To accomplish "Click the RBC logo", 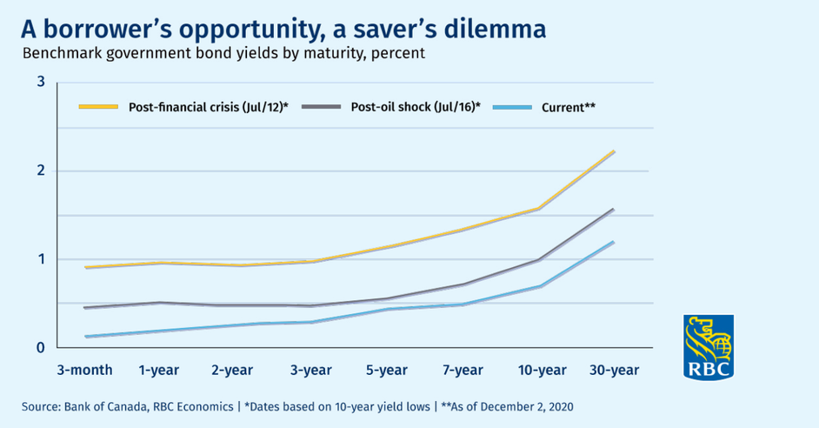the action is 709,347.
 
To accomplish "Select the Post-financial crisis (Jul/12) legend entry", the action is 183,107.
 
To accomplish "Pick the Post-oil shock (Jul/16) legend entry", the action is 390,107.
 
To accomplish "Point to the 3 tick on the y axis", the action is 41,82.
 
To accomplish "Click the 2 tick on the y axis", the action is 41,171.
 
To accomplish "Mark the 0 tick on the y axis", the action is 41,347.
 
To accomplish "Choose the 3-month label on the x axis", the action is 84,370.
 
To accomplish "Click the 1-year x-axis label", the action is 159,370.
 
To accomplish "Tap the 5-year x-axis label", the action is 387,370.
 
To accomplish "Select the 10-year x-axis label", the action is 543,370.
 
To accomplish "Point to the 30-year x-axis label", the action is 614,370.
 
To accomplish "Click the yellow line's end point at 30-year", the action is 614,151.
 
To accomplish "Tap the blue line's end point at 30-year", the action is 614,242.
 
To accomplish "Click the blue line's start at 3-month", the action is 85,337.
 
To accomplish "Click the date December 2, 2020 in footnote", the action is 527,406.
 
